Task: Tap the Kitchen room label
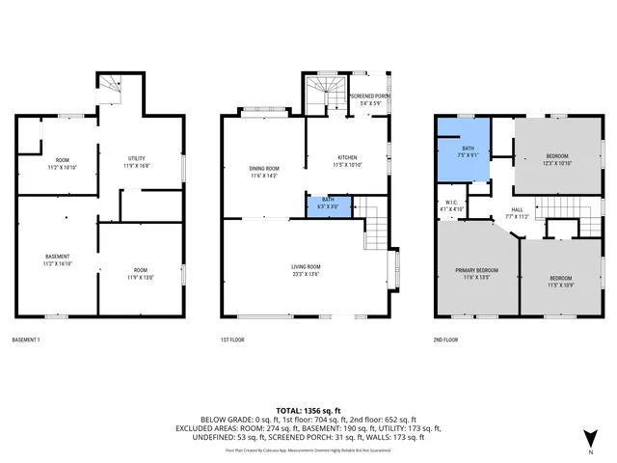pyautogui.click(x=347, y=157)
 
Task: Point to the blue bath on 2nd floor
pyautogui.click(x=468, y=150)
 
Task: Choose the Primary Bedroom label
pyautogui.click(x=476, y=271)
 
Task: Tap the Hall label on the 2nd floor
pyautogui.click(x=518, y=209)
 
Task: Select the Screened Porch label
pyautogui.click(x=370, y=96)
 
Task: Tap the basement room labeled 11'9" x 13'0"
pyautogui.click(x=141, y=274)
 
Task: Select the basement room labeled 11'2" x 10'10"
pyautogui.click(x=62, y=164)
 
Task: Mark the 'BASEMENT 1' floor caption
pyautogui.click(x=26, y=340)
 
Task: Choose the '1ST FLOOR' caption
pyautogui.click(x=235, y=340)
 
